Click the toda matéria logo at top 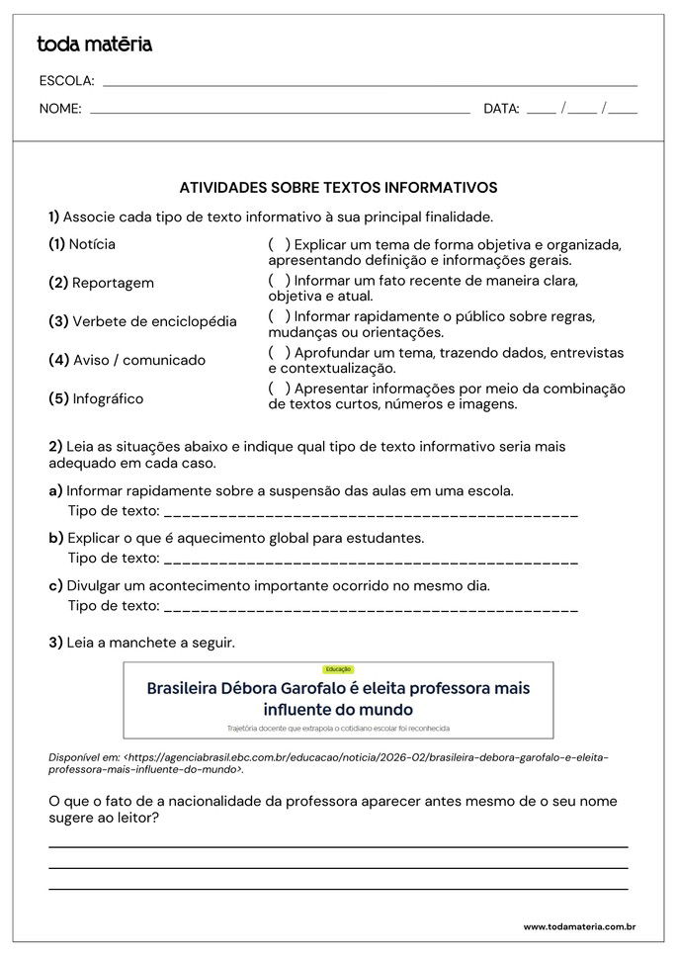click(94, 44)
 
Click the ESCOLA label click(66, 81)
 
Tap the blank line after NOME click(280, 111)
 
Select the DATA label click(501, 110)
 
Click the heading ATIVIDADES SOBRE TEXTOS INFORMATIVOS click(338, 187)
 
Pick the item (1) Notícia click(82, 244)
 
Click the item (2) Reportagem click(101, 283)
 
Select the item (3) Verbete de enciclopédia click(142, 321)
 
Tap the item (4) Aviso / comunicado click(127, 360)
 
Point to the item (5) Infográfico click(96, 398)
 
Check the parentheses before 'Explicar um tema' click(279, 244)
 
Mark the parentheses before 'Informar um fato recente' click(279, 281)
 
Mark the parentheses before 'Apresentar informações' click(279, 389)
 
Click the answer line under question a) click(371, 513)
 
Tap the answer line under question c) click(371, 608)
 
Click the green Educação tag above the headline click(338, 669)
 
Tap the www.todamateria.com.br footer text click(578, 927)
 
